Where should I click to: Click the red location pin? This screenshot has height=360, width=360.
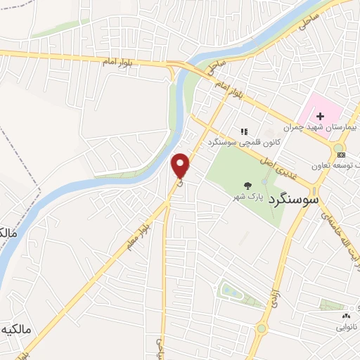[181, 165]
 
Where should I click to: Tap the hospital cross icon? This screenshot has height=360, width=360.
[319, 116]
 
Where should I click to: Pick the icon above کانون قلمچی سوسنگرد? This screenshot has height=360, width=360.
[245, 131]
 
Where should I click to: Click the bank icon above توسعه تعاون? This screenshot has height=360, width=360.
[341, 154]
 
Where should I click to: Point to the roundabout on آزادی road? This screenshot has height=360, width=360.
[262, 327]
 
